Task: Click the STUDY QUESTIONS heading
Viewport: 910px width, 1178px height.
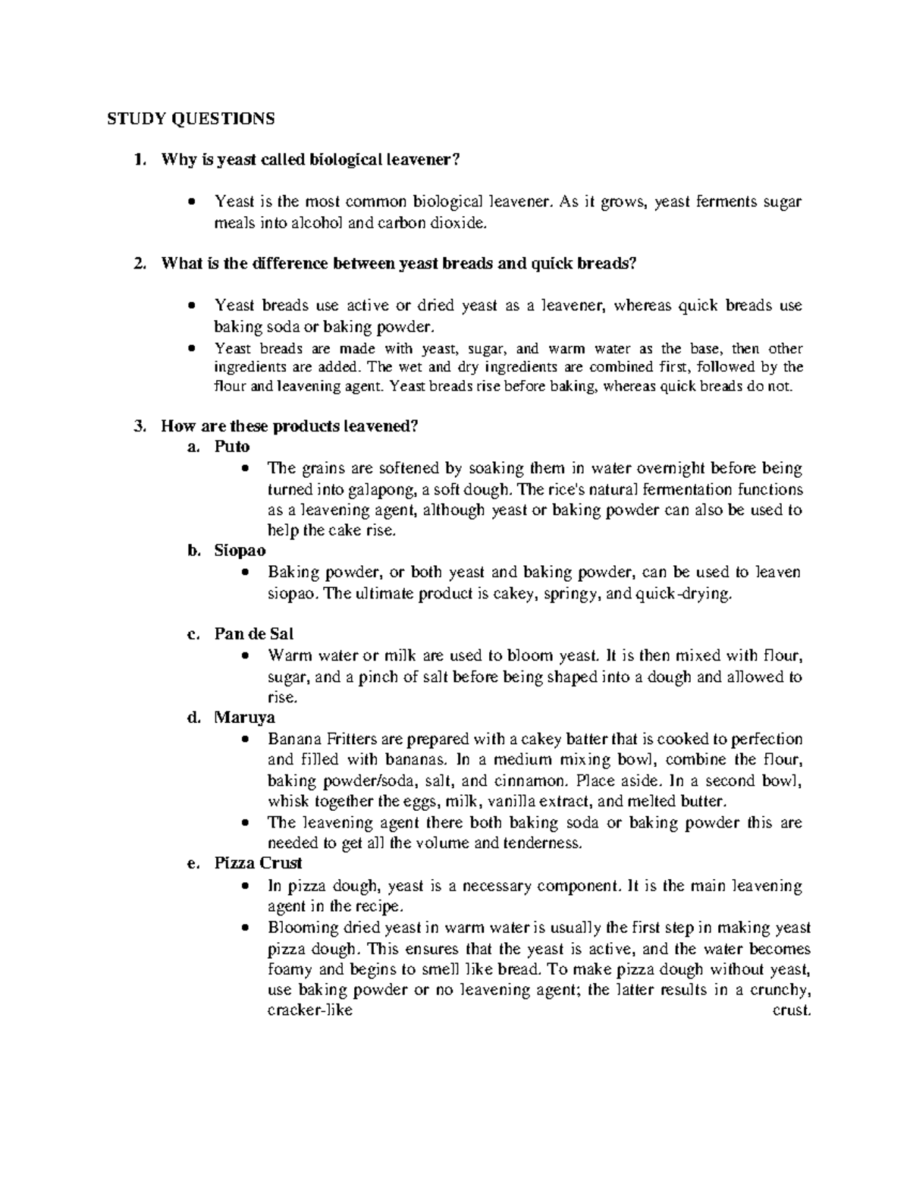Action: point(190,118)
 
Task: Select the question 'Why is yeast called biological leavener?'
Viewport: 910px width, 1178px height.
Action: point(310,159)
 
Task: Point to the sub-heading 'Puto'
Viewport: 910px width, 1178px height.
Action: point(231,447)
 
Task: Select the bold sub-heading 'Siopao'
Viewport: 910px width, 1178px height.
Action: point(240,551)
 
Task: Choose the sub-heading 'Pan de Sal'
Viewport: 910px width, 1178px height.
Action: point(253,633)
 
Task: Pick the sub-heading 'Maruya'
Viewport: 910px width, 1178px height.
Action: point(244,717)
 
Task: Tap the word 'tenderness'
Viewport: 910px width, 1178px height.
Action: point(544,843)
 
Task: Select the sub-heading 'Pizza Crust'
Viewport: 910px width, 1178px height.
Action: point(258,863)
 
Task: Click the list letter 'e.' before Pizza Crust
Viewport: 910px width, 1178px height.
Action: point(193,863)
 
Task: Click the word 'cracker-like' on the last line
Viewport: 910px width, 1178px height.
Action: point(311,1011)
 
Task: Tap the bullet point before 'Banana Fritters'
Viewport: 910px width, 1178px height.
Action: point(244,740)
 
